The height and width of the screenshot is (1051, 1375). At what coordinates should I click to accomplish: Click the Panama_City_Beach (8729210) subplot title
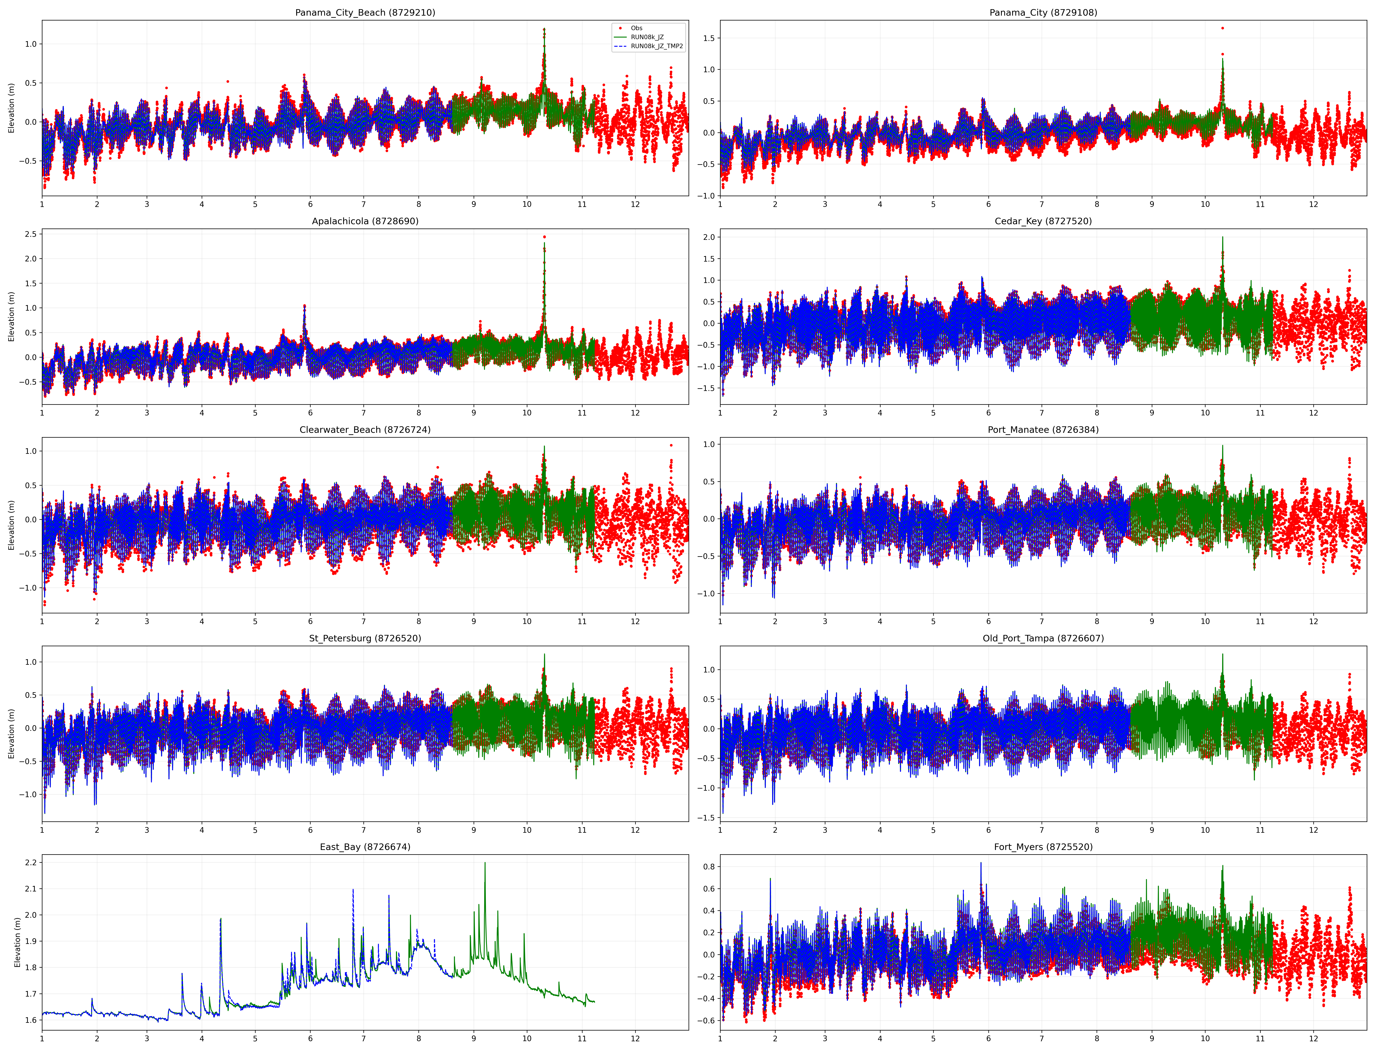(365, 13)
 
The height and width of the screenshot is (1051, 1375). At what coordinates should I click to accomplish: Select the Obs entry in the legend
(636, 28)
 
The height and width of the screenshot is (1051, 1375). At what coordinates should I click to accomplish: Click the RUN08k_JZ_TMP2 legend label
(657, 46)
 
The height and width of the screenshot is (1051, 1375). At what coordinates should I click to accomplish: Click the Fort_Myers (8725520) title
(1043, 847)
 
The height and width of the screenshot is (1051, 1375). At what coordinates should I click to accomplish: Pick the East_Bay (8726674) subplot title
(365, 847)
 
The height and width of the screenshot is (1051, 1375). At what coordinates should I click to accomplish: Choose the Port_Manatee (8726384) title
(1043, 430)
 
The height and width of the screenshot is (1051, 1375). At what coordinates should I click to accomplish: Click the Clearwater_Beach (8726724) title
(365, 430)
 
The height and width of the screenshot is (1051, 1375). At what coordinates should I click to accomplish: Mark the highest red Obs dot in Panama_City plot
(1222, 28)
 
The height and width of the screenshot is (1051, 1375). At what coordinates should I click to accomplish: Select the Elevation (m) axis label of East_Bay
(17, 942)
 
